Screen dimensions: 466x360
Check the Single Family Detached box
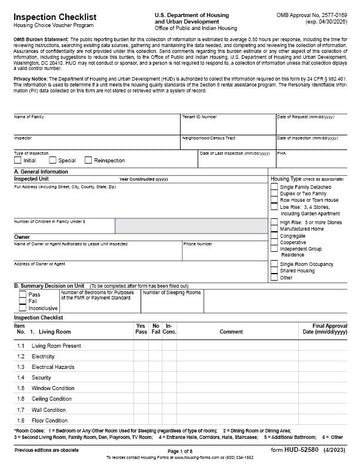275,188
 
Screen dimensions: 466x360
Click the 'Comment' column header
231,331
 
